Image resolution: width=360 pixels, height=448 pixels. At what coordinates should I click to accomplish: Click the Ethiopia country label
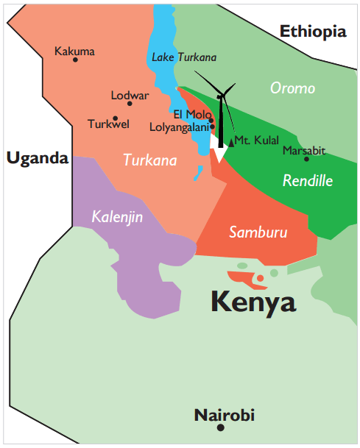click(x=313, y=31)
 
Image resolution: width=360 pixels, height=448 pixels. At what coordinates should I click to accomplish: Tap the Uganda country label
click(x=36, y=157)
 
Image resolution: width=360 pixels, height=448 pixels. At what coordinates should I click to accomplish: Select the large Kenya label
click(x=253, y=302)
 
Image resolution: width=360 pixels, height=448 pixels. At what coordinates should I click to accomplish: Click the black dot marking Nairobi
click(x=220, y=428)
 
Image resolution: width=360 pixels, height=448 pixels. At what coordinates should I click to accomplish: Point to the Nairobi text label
click(x=224, y=415)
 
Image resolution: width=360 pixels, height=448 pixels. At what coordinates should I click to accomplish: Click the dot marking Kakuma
click(x=75, y=60)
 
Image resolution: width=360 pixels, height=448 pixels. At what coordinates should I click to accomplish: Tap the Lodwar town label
click(x=130, y=95)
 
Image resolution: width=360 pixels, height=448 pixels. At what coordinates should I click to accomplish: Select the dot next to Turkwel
click(x=115, y=118)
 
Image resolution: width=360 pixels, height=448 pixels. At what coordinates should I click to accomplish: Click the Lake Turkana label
click(x=184, y=57)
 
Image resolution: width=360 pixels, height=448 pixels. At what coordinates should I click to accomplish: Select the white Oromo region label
click(x=292, y=88)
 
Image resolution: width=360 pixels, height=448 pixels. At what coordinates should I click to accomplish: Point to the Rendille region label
click(x=308, y=180)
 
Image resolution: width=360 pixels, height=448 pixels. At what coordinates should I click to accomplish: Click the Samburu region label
click(x=257, y=232)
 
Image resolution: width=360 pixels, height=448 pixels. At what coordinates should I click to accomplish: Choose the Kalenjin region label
click(x=117, y=216)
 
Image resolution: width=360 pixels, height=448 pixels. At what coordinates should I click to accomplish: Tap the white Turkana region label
click(x=149, y=159)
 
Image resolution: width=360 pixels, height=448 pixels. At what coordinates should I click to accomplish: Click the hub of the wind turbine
click(x=220, y=96)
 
